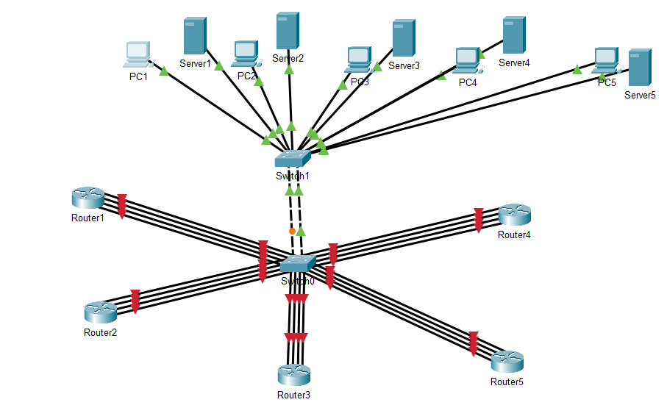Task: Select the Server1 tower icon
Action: click(194, 36)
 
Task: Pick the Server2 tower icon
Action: click(288, 31)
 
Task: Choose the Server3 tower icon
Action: click(404, 38)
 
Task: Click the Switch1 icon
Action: click(293, 158)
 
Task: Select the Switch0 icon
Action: click(298, 264)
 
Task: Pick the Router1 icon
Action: click(88, 198)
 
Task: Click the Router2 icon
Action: click(100, 312)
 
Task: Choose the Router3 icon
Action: click(293, 375)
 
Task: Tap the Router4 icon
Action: click(514, 215)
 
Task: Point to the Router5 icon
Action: click(507, 362)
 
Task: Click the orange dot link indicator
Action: click(292, 231)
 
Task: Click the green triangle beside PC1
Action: click(164, 71)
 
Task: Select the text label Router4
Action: click(514, 235)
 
